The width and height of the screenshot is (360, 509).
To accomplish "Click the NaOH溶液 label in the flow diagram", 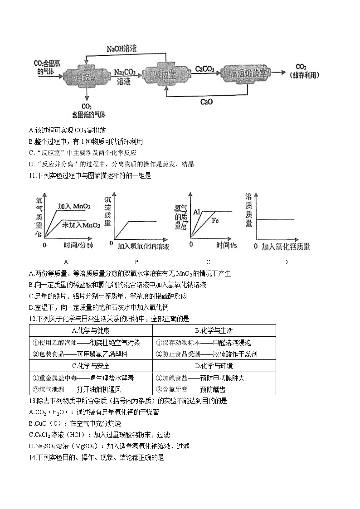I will point(122,48).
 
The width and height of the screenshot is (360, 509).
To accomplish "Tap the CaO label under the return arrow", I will point(206,102).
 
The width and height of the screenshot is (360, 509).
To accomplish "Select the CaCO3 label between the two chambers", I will point(204,69).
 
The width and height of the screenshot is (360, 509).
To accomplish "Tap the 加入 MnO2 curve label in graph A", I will point(74,207).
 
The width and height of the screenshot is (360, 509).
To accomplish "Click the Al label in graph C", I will point(197,212).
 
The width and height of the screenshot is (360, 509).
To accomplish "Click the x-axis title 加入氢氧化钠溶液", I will point(143,247).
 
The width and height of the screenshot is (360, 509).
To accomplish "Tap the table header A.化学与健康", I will point(91,330).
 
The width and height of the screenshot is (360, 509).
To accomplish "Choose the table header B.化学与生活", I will point(214,330).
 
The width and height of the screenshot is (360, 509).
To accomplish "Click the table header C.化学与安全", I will point(91,366).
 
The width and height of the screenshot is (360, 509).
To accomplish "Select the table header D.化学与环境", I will point(214,366).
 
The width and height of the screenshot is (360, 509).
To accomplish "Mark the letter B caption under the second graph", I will point(136,262).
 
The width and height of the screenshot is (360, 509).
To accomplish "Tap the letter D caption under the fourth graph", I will point(285,262).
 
